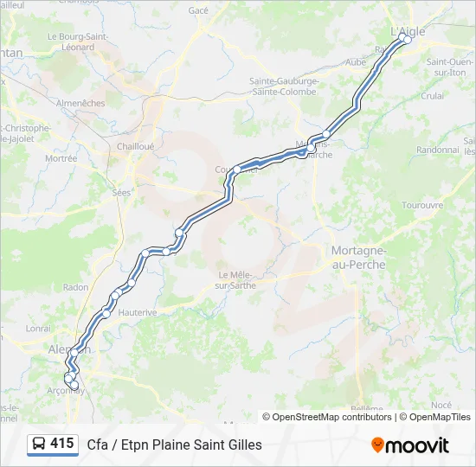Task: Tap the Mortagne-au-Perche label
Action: coord(358,257)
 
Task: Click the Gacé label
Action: coord(199,10)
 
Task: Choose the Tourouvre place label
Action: coord(422,205)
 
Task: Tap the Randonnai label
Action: coord(438,149)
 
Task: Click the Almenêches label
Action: coord(80,103)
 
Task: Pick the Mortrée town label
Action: coord(61,158)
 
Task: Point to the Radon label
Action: coord(76,287)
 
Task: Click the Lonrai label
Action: coord(38,328)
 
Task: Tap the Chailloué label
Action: coord(135,146)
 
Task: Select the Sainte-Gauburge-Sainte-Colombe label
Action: coord(285,86)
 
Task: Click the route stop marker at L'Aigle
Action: coord(407,40)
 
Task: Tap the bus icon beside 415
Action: coord(39,445)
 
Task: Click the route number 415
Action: coord(62,444)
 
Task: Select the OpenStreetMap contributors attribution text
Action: coord(327,417)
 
